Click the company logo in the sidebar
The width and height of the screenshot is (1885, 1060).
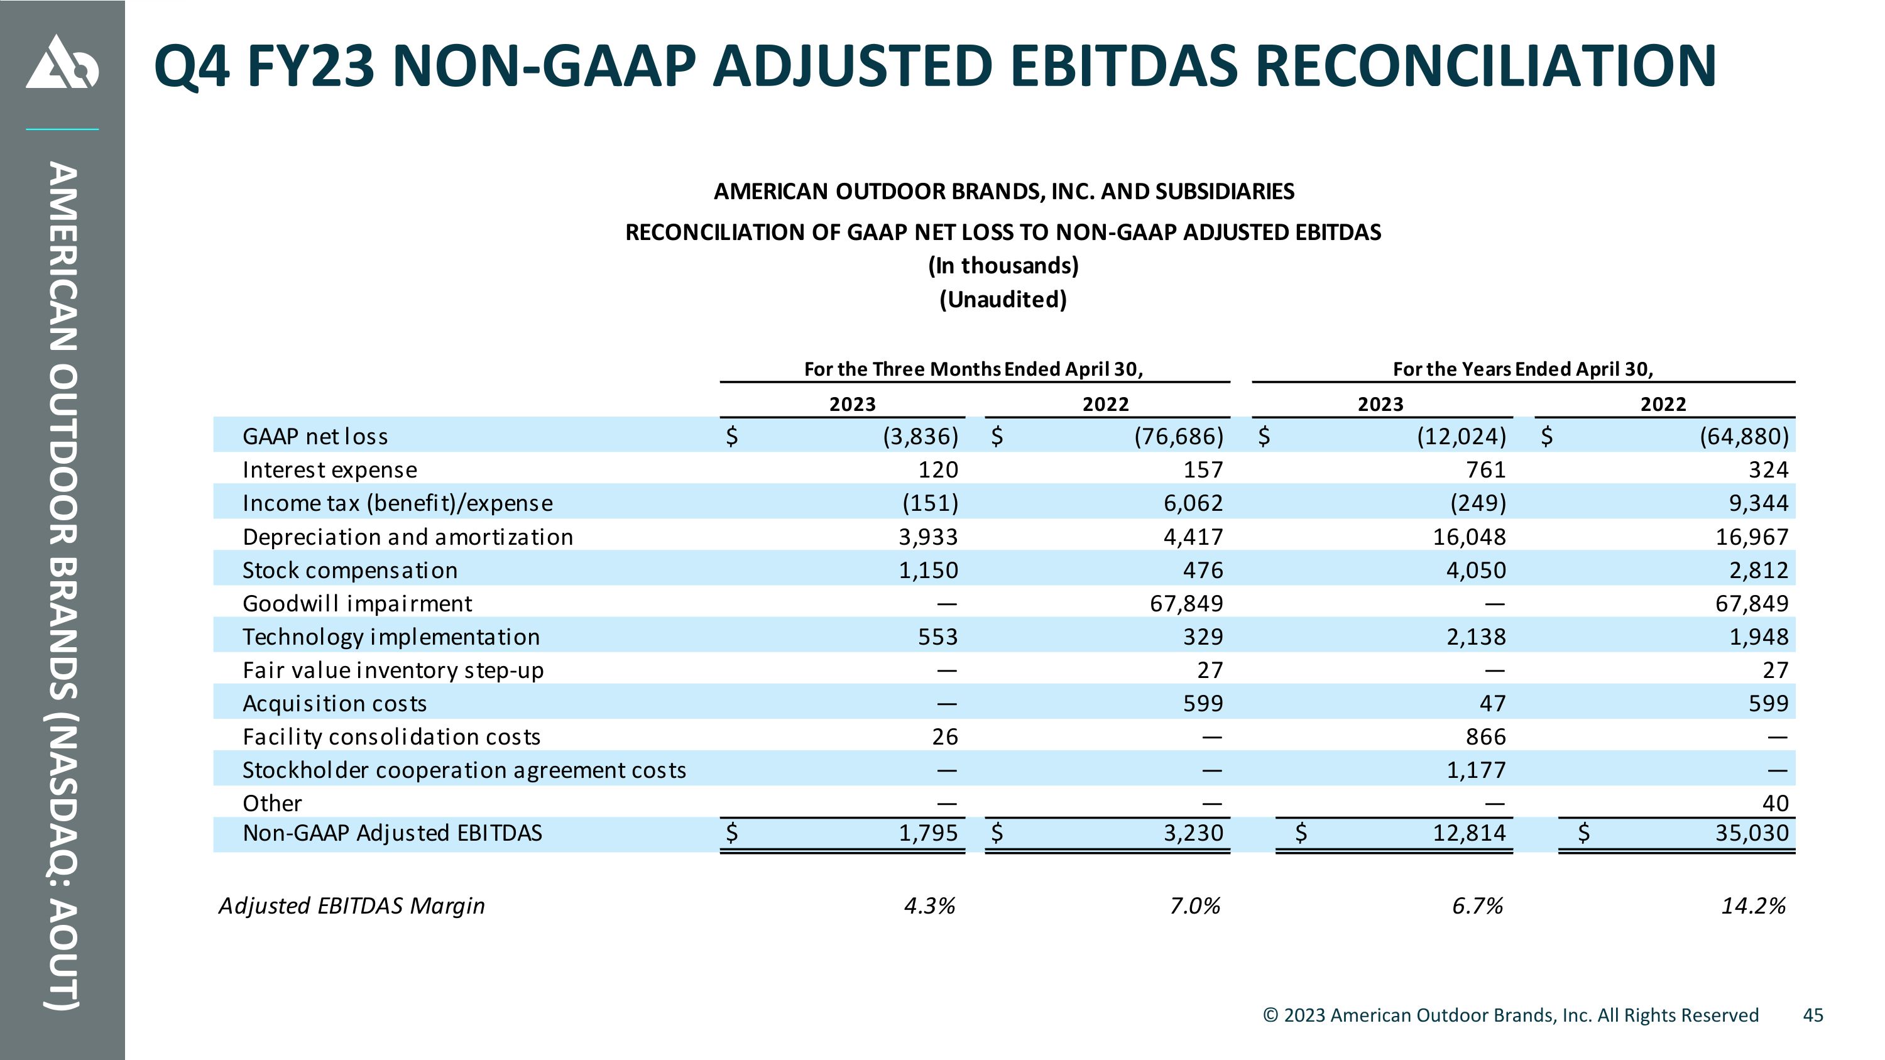pyautogui.click(x=62, y=62)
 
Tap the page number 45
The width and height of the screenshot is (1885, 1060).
pyautogui.click(x=1813, y=1015)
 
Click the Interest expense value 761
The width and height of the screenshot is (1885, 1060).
pyautogui.click(x=1485, y=469)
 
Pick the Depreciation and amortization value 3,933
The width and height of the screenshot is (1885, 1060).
pyautogui.click(x=928, y=537)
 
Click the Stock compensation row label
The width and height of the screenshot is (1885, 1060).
pyautogui.click(x=350, y=570)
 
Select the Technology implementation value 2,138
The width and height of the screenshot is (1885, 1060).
pyautogui.click(x=1476, y=637)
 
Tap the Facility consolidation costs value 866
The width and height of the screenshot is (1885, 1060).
pyautogui.click(x=1485, y=736)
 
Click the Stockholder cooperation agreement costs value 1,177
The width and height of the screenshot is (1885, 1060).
pyautogui.click(x=1476, y=770)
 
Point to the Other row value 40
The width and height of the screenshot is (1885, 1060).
pyautogui.click(x=1774, y=803)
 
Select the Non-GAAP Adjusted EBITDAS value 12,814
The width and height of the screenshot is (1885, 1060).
pyautogui.click(x=1470, y=833)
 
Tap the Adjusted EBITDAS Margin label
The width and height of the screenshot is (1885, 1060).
pyautogui.click(x=352, y=905)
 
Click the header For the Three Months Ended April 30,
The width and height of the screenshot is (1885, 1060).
pyautogui.click(x=973, y=369)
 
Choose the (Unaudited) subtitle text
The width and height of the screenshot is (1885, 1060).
pyautogui.click(x=1003, y=299)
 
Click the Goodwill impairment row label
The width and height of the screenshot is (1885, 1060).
pyautogui.click(x=357, y=604)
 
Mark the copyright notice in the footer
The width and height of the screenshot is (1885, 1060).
pyautogui.click(x=1511, y=1015)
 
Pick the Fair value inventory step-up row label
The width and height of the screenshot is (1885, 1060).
pyautogui.click(x=393, y=670)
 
